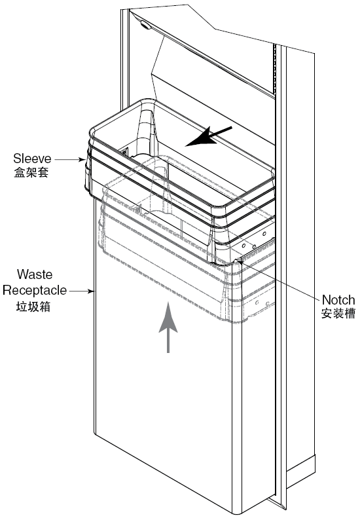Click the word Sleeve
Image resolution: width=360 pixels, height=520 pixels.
32,158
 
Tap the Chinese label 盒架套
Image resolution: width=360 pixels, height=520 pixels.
31,172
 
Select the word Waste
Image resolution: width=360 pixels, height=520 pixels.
35,274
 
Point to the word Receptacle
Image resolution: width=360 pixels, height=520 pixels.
35,290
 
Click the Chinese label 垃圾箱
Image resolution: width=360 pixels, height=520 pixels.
33,306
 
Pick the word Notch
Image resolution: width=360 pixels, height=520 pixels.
338,300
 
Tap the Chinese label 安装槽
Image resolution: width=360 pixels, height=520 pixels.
338,314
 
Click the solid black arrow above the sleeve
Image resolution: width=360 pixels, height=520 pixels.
209,136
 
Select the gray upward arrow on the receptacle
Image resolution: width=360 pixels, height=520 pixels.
168,327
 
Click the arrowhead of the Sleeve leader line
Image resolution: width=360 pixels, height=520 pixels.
82,160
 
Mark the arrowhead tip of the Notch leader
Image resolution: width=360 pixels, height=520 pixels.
238,261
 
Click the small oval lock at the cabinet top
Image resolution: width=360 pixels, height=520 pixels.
145,24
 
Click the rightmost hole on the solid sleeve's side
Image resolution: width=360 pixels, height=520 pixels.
264,234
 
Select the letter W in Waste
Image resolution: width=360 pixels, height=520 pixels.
22,274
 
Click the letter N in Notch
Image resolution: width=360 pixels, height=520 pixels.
326,300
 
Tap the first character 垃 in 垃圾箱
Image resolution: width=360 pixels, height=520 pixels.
22,306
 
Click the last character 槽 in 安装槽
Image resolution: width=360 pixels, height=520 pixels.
350,314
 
